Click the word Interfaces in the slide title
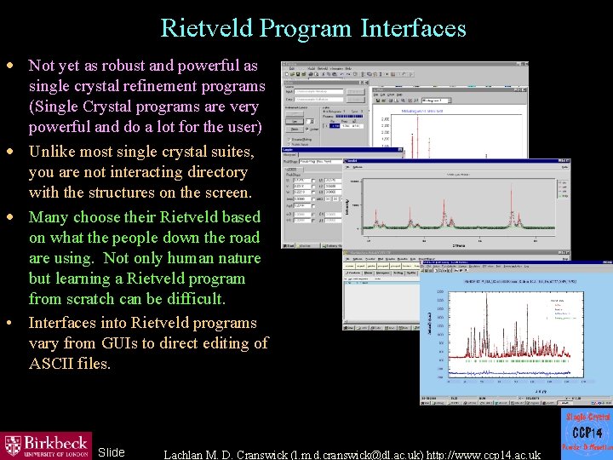(x=413, y=28)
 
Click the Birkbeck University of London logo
(x=47, y=446)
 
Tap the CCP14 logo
(x=587, y=434)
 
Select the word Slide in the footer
(x=112, y=452)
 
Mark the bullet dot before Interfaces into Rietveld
(x=9, y=324)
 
